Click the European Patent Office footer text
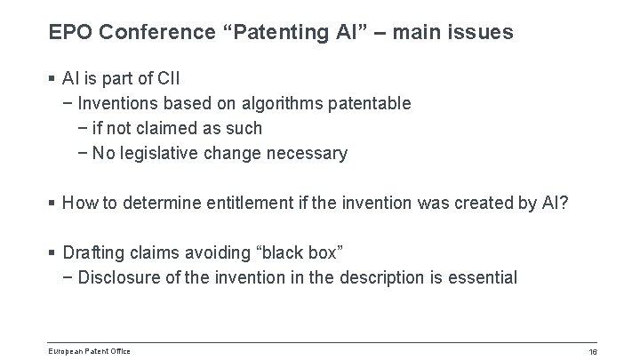90,351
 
